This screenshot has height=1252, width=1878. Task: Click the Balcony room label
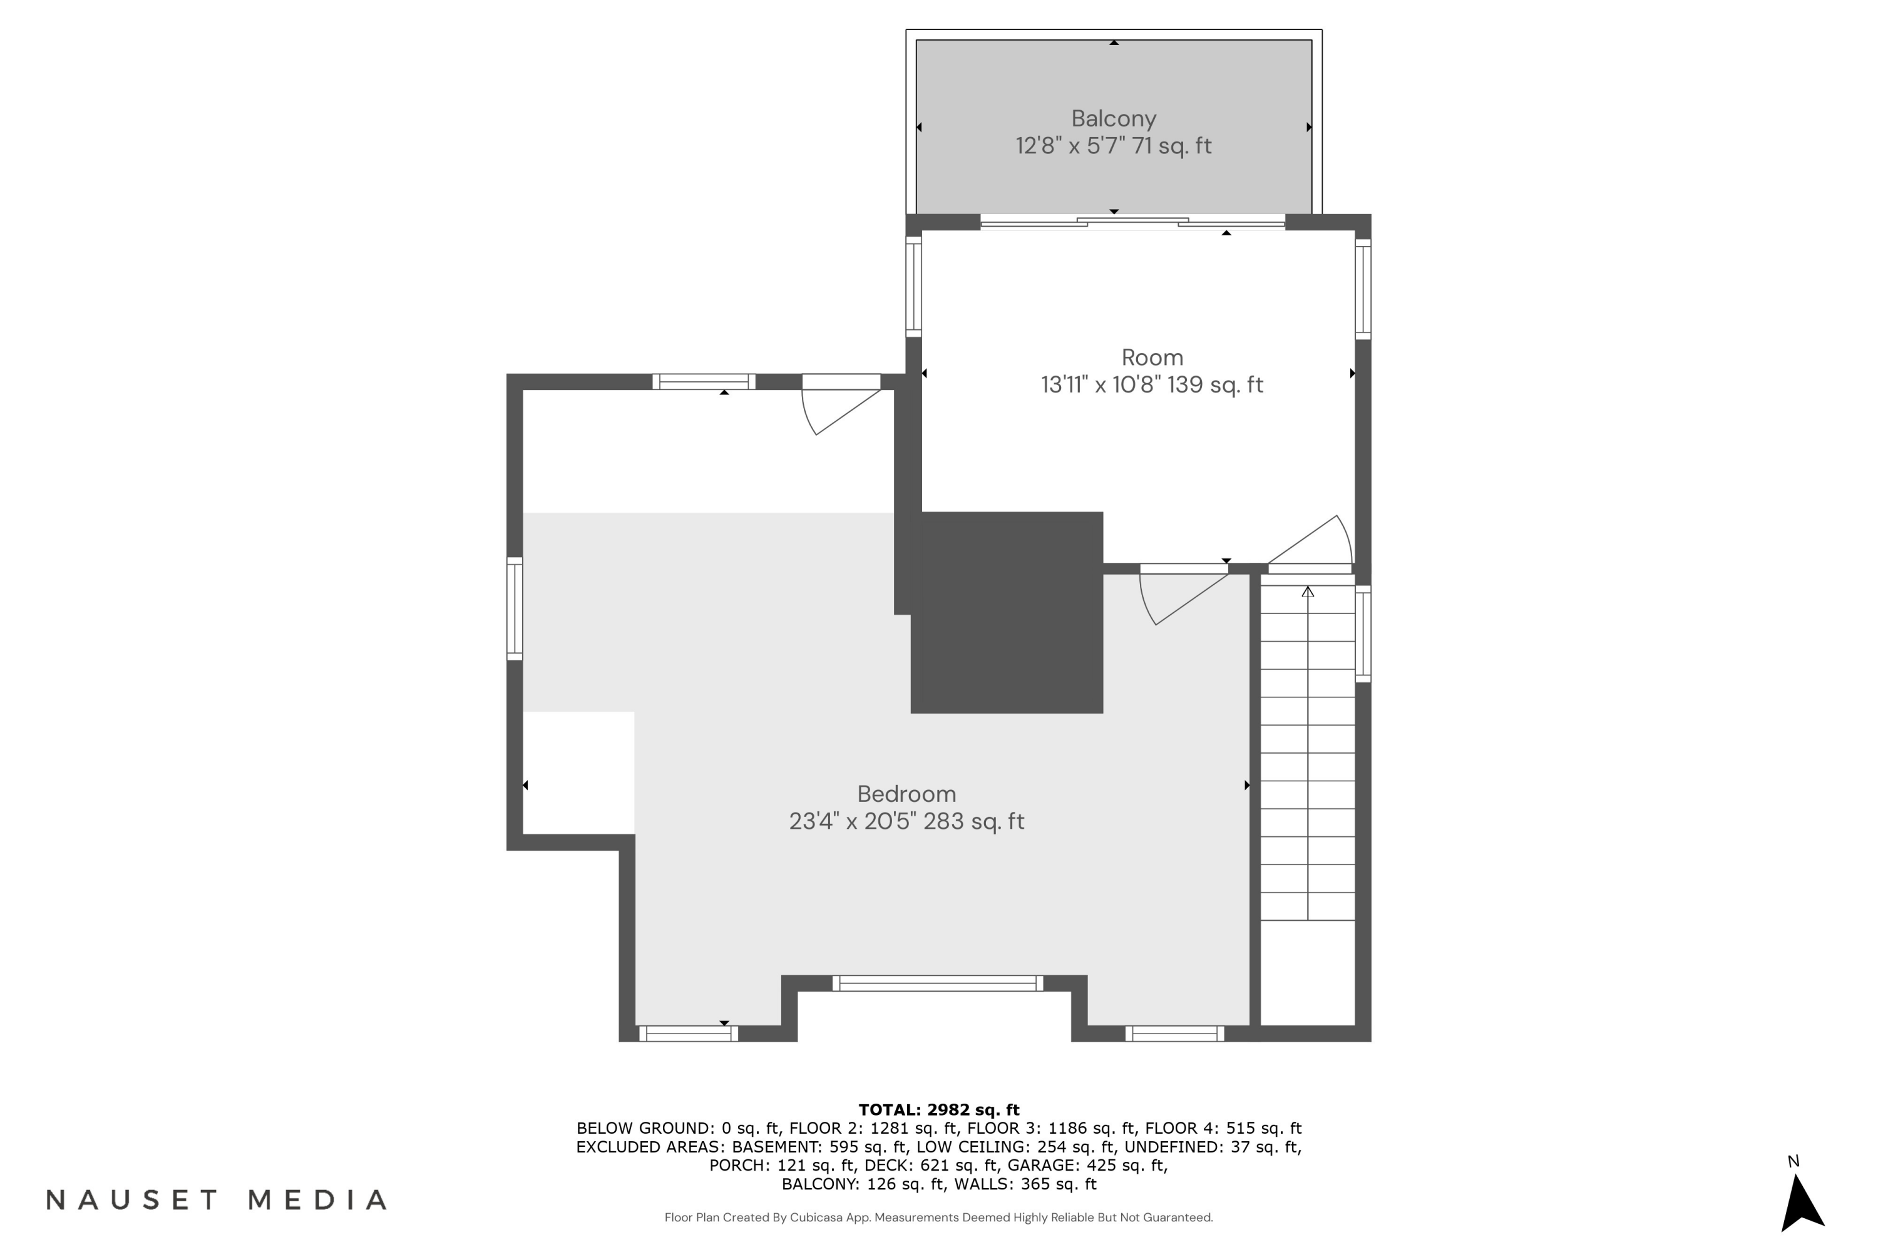1113,119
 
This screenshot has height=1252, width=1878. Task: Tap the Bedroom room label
906,794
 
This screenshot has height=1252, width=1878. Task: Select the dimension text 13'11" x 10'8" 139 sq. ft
1151,385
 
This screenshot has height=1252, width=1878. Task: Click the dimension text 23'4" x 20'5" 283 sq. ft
906,821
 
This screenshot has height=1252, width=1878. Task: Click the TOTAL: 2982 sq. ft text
938,1110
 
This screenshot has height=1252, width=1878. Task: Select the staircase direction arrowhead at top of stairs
1307,592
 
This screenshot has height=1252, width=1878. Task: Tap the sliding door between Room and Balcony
1132,223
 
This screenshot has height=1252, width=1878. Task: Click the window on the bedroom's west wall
515,608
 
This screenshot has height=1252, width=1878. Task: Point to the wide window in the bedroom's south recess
937,983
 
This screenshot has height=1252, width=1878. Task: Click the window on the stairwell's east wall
1363,633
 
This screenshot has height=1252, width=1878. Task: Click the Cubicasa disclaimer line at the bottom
938,1218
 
